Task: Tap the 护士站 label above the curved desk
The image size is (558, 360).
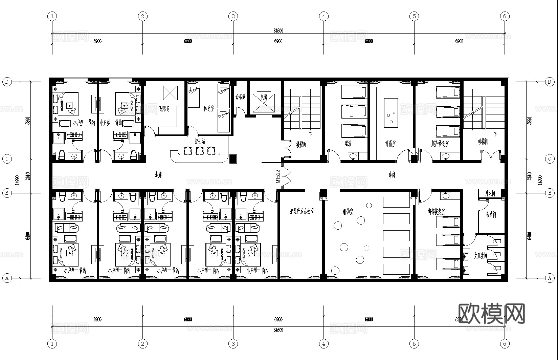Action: [200, 142]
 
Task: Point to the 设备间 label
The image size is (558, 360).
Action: [240, 98]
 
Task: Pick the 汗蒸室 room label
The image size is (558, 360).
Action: [390, 144]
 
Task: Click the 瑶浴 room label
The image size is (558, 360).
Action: [348, 144]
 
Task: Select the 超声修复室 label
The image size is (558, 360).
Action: [440, 144]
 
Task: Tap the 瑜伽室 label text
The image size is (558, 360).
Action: [348, 212]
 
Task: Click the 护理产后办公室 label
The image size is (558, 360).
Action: [302, 211]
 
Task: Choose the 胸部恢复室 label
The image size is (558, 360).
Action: [436, 212]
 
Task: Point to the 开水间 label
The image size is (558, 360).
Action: [490, 193]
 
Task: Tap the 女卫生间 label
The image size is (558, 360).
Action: [480, 256]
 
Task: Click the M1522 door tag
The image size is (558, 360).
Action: [278, 176]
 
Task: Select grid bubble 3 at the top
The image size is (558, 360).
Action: [233, 16]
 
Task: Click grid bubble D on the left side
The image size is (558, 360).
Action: [7, 82]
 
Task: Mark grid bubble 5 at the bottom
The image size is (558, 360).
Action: [414, 344]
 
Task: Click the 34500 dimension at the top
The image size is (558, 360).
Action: [278, 30]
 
